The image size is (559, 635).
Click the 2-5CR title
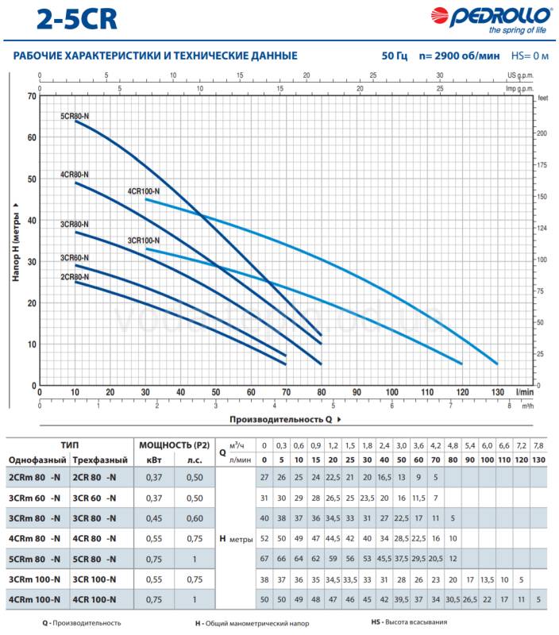[77, 19]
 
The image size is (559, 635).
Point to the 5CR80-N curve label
[75, 116]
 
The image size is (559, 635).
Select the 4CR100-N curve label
[144, 191]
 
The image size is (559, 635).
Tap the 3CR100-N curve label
[144, 241]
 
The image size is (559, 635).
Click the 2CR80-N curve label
[75, 277]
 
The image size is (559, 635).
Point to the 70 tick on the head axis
[32, 96]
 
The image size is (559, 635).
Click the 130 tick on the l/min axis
[497, 392]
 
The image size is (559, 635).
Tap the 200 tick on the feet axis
[542, 133]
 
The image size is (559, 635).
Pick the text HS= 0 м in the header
[530, 56]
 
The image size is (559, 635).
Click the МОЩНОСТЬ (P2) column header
[174, 445]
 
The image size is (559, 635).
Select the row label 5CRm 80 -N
[34, 559]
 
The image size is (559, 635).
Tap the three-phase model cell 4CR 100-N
[94, 599]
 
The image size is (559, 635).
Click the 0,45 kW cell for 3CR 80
[154, 518]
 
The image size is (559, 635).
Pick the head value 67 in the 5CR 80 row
[264, 559]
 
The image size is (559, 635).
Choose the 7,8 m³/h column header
[538, 445]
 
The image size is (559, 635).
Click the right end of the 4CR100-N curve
[497, 364]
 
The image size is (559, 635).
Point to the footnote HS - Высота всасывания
[409, 622]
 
